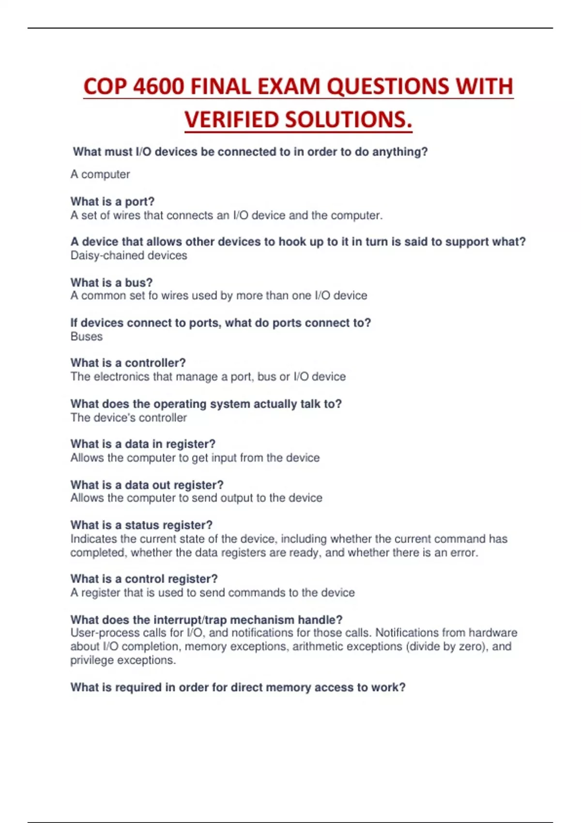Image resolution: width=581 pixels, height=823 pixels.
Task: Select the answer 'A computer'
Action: click(x=100, y=174)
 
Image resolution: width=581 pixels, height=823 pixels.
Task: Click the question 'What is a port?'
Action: click(x=112, y=201)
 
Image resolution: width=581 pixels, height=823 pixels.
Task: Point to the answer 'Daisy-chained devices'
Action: click(x=129, y=256)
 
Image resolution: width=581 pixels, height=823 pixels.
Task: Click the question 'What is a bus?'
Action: click(x=111, y=282)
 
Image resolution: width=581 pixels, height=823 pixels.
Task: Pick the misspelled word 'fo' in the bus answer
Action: click(x=153, y=296)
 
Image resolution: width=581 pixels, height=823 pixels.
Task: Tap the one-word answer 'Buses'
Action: click(x=87, y=336)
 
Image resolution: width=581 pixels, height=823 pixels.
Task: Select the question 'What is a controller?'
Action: click(x=128, y=363)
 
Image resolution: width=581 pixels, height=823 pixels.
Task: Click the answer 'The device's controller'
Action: click(x=128, y=418)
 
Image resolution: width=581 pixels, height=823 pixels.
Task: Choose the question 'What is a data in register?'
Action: click(x=143, y=444)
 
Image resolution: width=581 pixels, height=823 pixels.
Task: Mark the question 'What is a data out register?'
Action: click(x=147, y=485)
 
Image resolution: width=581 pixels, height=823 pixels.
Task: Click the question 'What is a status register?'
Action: click(x=141, y=525)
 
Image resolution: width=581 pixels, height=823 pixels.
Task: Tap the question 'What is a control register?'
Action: click(x=144, y=579)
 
